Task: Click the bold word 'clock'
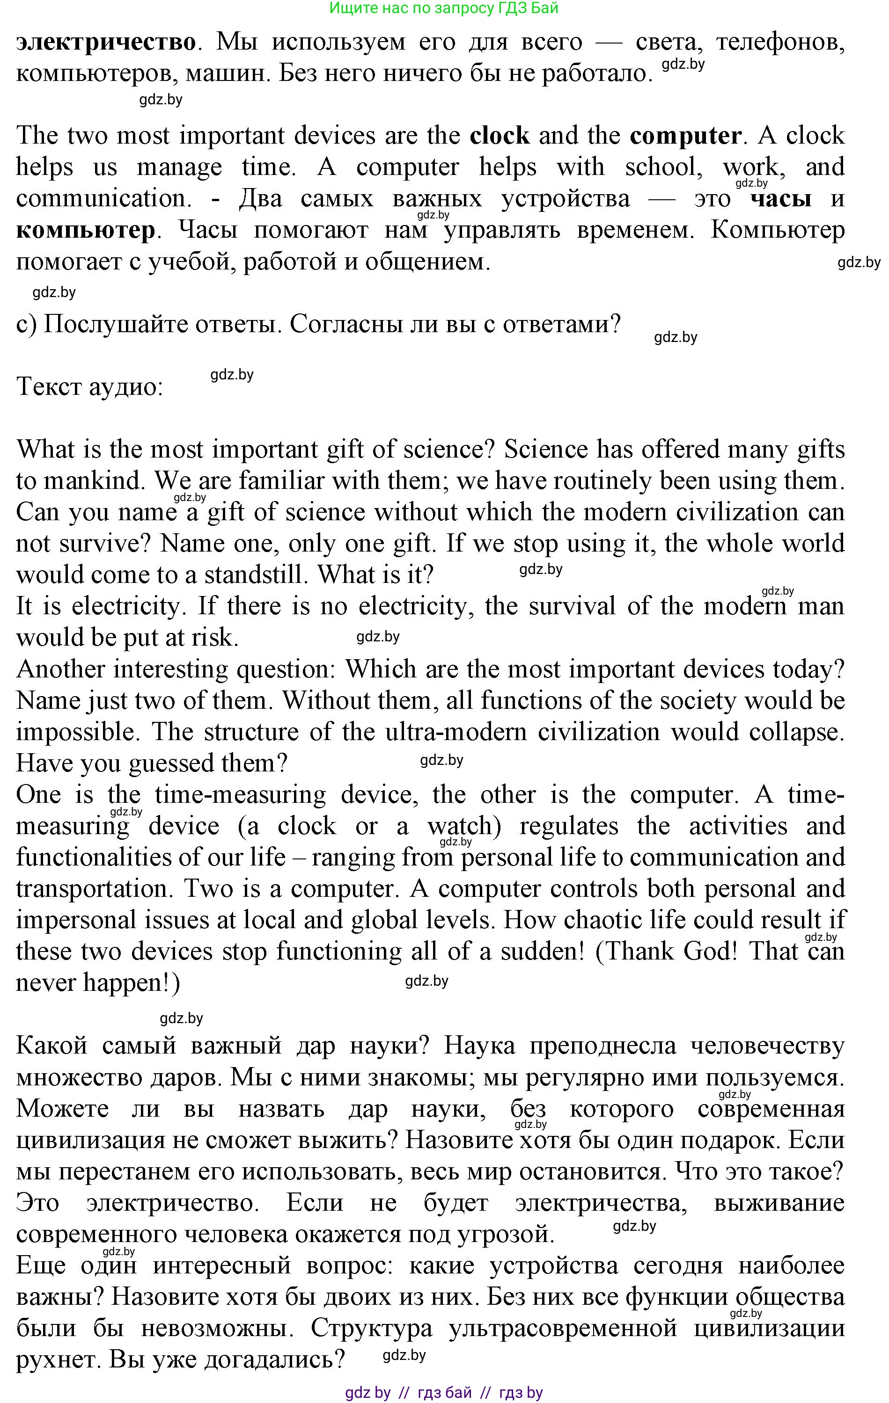[x=499, y=136]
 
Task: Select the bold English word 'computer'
[x=685, y=136]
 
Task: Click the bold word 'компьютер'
[x=86, y=230]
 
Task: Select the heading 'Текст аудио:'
[x=90, y=387]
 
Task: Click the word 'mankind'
[x=93, y=480]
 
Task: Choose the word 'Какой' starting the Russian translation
[x=52, y=1047]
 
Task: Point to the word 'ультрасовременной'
[x=563, y=1329]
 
